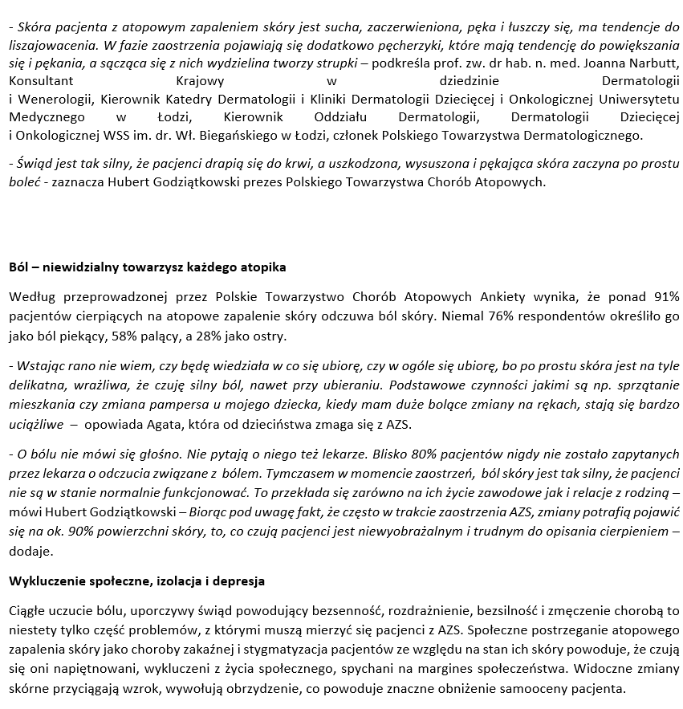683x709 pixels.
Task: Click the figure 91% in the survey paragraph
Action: pyautogui.click(x=665, y=297)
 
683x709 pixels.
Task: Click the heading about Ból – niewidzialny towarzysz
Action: pyautogui.click(x=147, y=267)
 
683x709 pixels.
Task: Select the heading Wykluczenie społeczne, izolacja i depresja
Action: pyautogui.click(x=136, y=581)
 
